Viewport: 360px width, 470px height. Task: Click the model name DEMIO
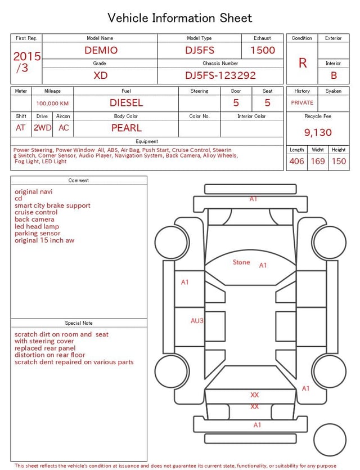tap(101, 50)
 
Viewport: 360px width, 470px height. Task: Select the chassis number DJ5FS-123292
tap(220, 75)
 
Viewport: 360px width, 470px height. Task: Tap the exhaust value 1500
tap(263, 50)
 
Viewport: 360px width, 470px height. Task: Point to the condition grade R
tap(303, 63)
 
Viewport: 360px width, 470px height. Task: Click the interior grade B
tap(334, 75)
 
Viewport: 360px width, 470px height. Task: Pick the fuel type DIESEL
tap(127, 103)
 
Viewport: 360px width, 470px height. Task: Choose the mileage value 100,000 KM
tap(52, 104)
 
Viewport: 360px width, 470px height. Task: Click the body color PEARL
tap(127, 128)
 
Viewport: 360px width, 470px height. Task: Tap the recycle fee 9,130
tap(318, 132)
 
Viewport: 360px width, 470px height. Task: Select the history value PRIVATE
tap(302, 102)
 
